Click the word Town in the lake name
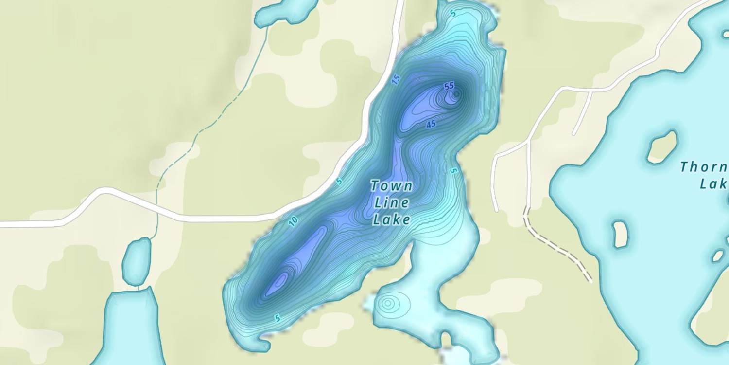[391, 186]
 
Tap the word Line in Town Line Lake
[391, 203]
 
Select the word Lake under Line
[391, 220]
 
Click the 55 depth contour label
[449, 86]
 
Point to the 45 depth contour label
[431, 125]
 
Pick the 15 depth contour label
[396, 80]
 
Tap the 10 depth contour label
[293, 222]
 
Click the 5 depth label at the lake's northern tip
[453, 14]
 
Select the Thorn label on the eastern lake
[704, 167]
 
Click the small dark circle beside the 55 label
[456, 93]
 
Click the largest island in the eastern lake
[662, 146]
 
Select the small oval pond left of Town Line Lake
[136, 261]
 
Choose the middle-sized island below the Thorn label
[621, 234]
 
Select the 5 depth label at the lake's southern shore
[277, 318]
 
